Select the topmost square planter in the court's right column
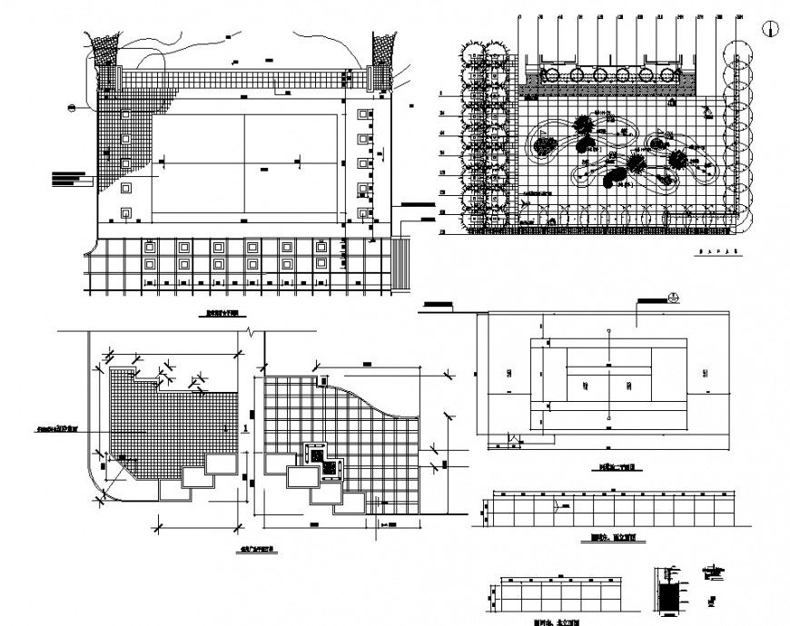[x=364, y=115]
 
